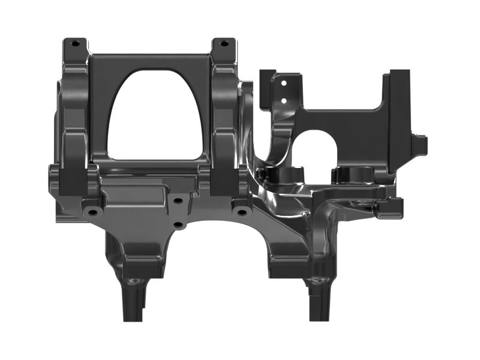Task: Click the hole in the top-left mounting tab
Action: [x=74, y=43]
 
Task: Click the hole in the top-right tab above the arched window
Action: [x=224, y=43]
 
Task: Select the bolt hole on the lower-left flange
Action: [x=92, y=212]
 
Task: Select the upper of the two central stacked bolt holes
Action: [x=178, y=202]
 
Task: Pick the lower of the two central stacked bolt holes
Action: [x=178, y=225]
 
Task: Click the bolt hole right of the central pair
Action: [x=241, y=212]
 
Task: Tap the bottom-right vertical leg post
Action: [x=318, y=303]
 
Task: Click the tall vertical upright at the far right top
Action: [x=398, y=114]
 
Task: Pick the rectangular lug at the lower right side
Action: [x=391, y=208]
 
